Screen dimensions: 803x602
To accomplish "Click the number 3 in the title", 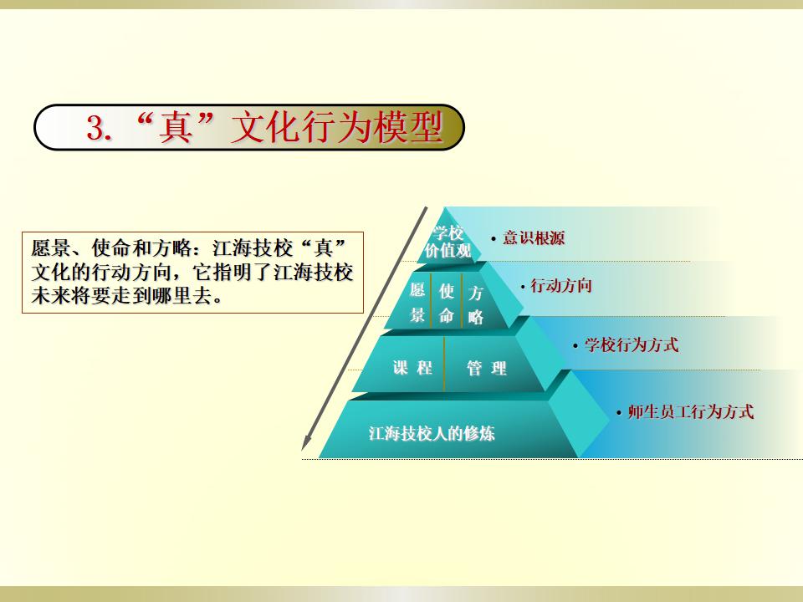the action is tap(95, 128).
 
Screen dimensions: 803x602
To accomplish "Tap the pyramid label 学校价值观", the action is tap(448, 242).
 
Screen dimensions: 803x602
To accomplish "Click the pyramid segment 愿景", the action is tap(417, 303).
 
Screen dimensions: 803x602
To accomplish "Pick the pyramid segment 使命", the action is tap(447, 304).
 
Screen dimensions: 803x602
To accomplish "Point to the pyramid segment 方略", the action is tap(475, 305).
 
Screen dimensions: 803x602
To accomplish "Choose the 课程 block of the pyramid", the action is tap(412, 368).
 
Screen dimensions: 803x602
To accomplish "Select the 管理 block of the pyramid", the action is tap(487, 368).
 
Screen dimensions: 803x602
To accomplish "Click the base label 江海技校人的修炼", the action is tap(432, 434).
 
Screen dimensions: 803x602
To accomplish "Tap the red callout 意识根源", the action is tap(534, 238).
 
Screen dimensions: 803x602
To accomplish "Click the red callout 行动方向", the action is tap(560, 285).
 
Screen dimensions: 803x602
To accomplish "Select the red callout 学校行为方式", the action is tap(632, 344).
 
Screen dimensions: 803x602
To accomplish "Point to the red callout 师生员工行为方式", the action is tap(691, 411).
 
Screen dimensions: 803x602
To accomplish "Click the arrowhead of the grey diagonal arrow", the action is tap(305, 442).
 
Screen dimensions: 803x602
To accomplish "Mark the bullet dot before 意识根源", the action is tap(494, 239).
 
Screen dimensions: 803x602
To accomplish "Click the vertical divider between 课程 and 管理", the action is tap(444, 364).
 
